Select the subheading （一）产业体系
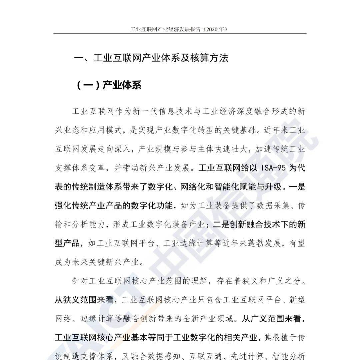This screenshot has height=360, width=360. pos(109,85)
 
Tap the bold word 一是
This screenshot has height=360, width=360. pos(297,187)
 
